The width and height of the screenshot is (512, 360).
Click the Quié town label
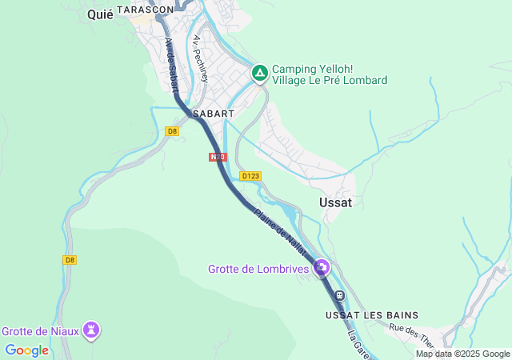coord(100,15)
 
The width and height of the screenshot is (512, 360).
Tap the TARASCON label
coord(145,10)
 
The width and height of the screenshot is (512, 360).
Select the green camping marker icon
coord(259,74)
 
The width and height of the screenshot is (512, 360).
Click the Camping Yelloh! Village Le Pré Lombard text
coord(329,74)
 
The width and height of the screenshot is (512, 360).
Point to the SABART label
coord(213,114)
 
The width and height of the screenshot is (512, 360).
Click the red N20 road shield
coord(217,158)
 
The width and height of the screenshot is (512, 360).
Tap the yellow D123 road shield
coord(250,176)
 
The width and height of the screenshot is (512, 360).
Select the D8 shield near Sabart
coord(171,131)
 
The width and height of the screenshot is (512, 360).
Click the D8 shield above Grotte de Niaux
coord(70,260)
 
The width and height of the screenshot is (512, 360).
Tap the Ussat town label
coord(335,202)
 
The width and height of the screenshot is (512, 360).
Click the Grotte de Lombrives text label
coord(258,270)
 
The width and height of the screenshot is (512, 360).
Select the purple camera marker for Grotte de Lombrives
coord(322,267)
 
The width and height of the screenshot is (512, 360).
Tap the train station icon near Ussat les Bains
coord(339,296)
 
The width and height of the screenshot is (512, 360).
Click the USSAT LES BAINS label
coord(371,315)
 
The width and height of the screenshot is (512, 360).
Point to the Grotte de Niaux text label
coord(39,330)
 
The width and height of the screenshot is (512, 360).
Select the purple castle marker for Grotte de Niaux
coord(93,329)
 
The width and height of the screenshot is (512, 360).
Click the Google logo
coord(26,350)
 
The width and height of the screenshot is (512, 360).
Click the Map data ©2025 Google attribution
coord(462,354)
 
